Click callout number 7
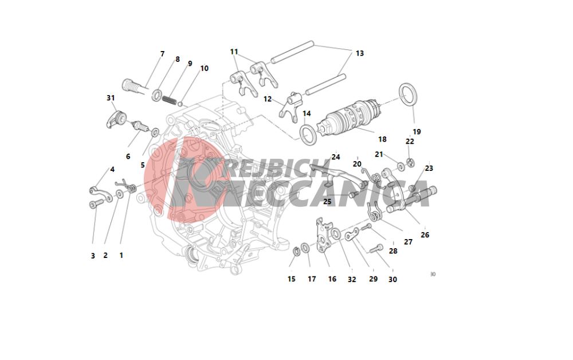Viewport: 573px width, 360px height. point(163,54)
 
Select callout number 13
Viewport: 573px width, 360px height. point(360,53)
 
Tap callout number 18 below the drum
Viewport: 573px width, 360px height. point(382,139)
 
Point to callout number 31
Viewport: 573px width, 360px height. point(111,98)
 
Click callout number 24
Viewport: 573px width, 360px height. point(335,157)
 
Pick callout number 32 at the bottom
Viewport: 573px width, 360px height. point(352,280)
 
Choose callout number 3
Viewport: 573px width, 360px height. point(93,256)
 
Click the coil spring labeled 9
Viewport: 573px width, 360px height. point(169,99)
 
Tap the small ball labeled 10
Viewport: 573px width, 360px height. point(180,104)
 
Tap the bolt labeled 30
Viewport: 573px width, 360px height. point(376,249)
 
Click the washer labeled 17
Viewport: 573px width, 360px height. point(305,248)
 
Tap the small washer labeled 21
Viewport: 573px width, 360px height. point(401,167)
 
